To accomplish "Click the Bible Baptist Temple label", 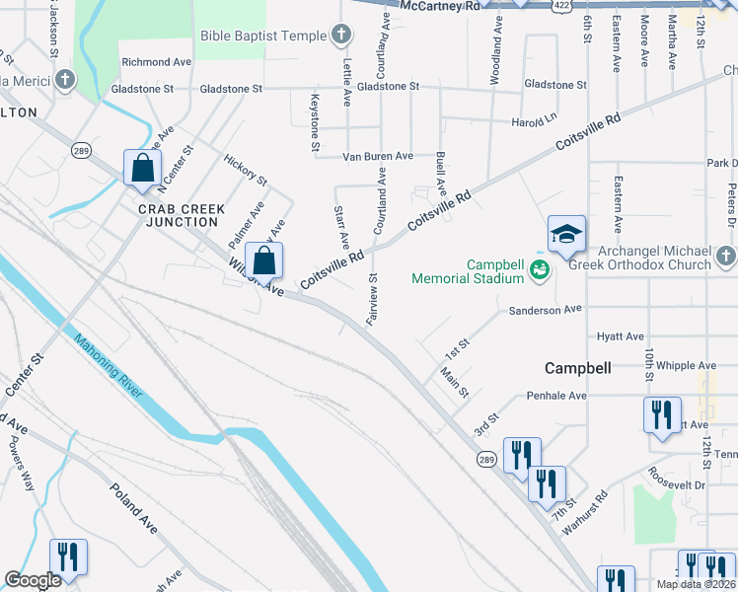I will [262, 37].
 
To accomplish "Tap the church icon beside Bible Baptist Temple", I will [341, 37].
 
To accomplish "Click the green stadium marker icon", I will [539, 269].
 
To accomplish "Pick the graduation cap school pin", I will [566, 235].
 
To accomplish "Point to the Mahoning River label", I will [109, 366].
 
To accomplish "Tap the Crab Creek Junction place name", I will [182, 215].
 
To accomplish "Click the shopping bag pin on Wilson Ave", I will [264, 261].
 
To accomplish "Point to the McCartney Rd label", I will [441, 6].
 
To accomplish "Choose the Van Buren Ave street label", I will [377, 156].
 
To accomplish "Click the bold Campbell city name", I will [578, 368].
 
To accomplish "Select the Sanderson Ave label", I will [546, 310].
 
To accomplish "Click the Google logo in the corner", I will [33, 581].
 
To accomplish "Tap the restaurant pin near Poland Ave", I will [68, 556].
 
